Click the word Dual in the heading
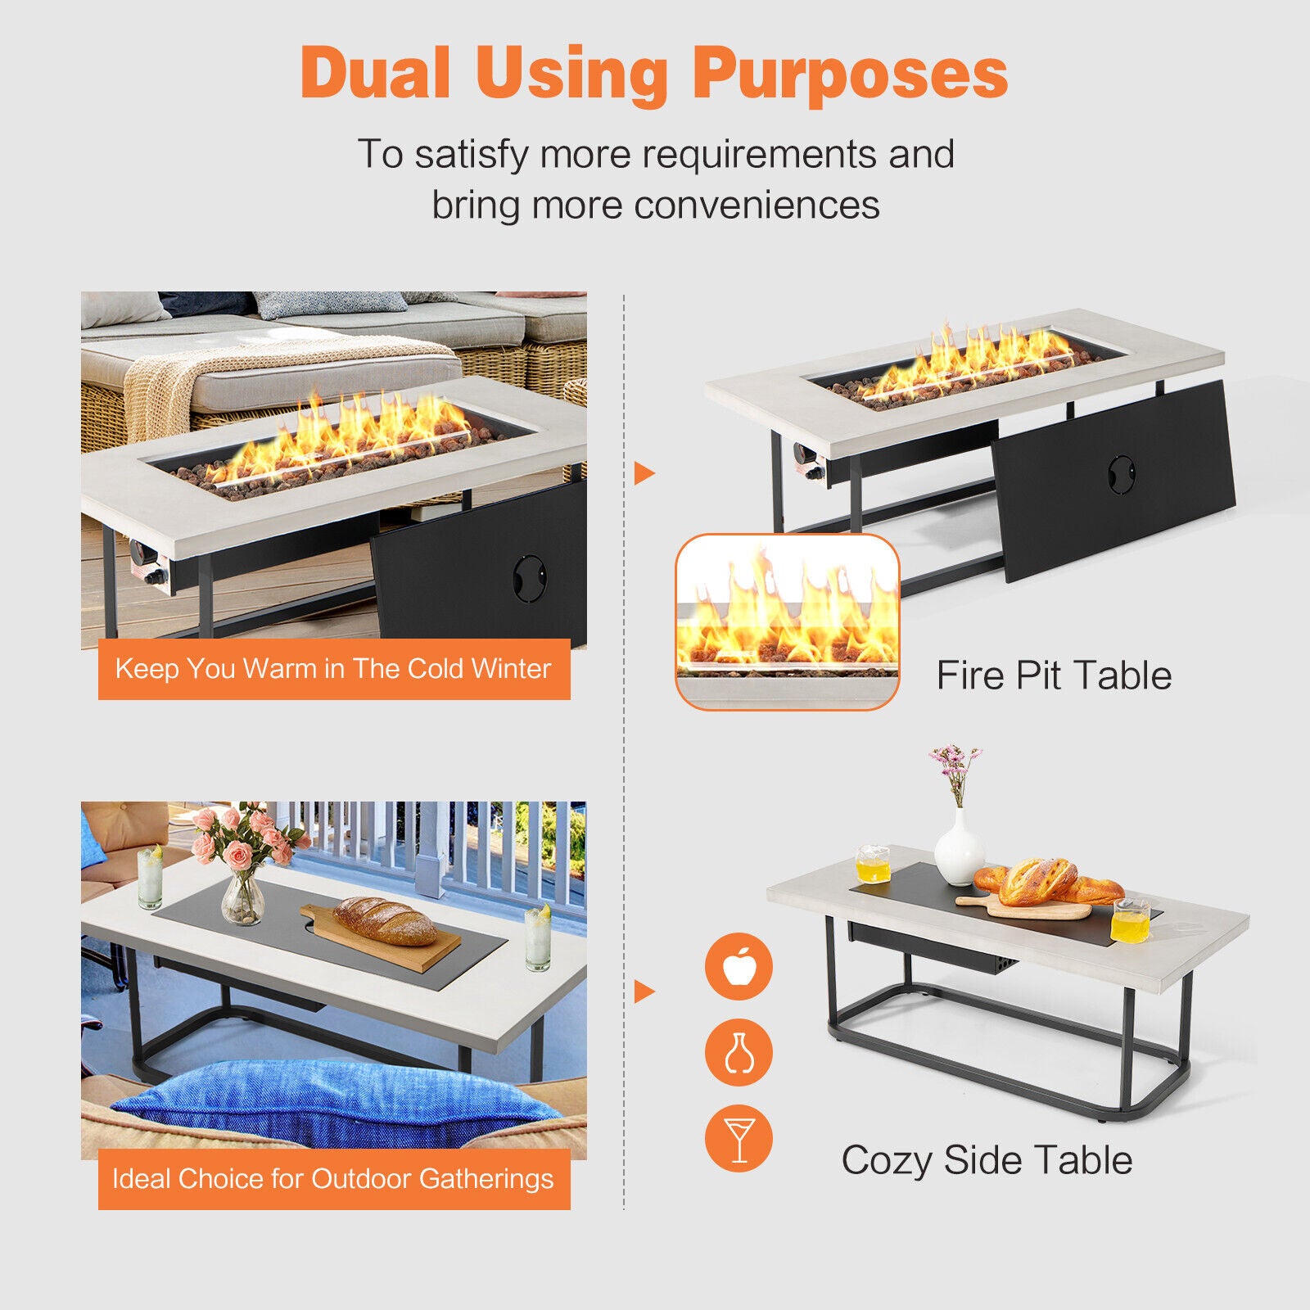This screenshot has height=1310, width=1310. point(376,72)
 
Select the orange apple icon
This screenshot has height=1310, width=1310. point(739,966)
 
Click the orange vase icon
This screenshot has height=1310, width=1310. point(739,1052)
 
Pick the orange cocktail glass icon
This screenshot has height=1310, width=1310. point(739,1138)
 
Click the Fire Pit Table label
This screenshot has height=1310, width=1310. point(1054,675)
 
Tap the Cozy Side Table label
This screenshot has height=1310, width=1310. point(987,1160)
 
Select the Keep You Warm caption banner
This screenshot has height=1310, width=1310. point(334,669)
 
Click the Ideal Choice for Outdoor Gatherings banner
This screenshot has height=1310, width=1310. point(334,1179)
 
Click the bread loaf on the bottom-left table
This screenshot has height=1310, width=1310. point(385,920)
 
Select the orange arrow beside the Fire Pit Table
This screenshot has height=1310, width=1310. point(644,472)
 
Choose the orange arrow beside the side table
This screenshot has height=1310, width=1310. point(644,992)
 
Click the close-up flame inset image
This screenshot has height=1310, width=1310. point(788,621)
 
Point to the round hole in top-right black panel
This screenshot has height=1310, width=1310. point(1122,475)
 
